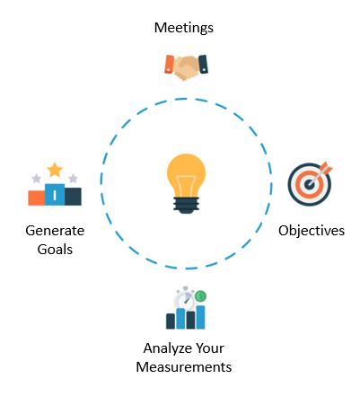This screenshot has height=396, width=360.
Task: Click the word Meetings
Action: click(184, 28)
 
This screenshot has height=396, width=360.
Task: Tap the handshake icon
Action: click(186, 67)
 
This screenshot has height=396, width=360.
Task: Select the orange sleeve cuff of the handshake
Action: click(169, 64)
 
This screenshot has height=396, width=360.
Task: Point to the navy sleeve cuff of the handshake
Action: click(203, 64)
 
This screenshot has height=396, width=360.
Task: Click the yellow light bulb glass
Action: click(186, 175)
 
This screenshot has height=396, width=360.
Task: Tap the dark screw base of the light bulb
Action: click(186, 205)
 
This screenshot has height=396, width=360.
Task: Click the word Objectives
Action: click(312, 232)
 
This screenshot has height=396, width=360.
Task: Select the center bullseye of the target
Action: click(309, 184)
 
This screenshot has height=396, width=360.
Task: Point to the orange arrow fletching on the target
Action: click(327, 168)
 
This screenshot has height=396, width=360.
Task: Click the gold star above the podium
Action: click(55, 170)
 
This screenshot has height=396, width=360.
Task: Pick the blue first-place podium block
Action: click(55, 195)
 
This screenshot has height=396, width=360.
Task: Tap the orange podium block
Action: click(37, 198)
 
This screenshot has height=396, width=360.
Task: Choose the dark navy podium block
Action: click(73, 197)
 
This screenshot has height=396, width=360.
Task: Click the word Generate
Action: click(55, 231)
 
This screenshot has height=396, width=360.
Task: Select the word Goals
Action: click(55, 250)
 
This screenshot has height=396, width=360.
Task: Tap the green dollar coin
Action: click(200, 296)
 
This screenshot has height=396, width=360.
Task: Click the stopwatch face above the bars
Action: click(185, 301)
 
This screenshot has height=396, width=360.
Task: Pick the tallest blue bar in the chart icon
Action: click(200, 317)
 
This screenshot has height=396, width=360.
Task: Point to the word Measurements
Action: click(184, 367)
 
